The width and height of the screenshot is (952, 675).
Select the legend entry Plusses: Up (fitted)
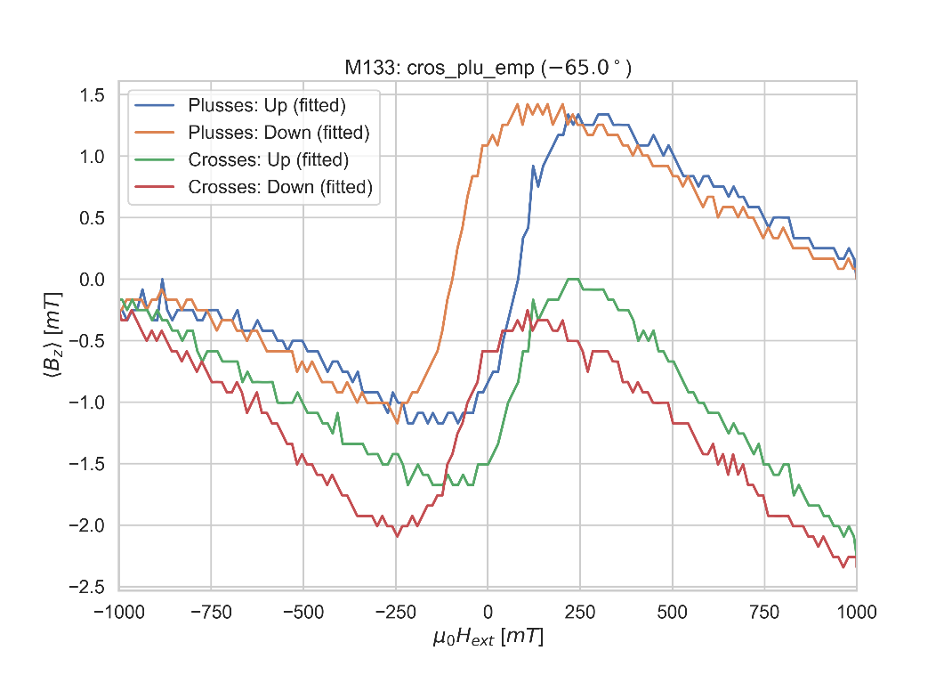pyautogui.click(x=266, y=106)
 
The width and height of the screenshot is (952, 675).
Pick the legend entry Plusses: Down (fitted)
pyautogui.click(x=278, y=133)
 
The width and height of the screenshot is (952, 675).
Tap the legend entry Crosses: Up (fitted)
pyautogui.click(x=268, y=160)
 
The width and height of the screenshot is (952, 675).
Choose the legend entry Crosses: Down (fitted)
pyautogui.click(x=279, y=187)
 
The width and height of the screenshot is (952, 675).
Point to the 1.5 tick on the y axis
pyautogui.click(x=93, y=95)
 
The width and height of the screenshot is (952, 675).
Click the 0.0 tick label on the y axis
pyautogui.click(x=93, y=280)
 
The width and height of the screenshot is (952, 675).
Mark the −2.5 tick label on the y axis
pyautogui.click(x=87, y=587)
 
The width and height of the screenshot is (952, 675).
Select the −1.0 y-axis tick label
pyautogui.click(x=87, y=403)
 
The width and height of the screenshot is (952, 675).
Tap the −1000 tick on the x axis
pyautogui.click(x=119, y=613)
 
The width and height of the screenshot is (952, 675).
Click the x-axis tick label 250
pyautogui.click(x=579, y=613)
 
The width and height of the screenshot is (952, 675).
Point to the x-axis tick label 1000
pyautogui.click(x=856, y=613)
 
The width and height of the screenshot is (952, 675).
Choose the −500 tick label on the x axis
pyautogui.click(x=303, y=613)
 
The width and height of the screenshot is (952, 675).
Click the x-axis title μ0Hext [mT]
pyautogui.click(x=488, y=638)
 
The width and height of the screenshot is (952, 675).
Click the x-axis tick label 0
pyautogui.click(x=488, y=613)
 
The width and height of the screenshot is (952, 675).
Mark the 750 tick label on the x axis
pyautogui.click(x=764, y=613)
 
